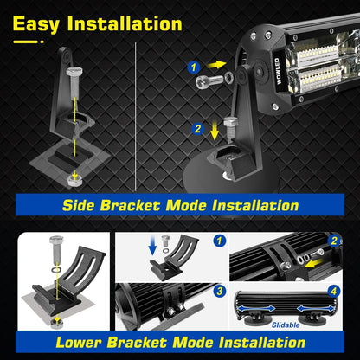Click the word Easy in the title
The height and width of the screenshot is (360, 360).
36,24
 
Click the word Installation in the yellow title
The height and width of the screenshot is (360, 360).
125,23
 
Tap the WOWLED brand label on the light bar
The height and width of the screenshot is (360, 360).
278,71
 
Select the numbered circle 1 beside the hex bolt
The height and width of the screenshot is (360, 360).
194,67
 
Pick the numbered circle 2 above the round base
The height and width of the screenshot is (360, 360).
198,128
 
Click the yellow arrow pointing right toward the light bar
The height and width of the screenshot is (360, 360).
216,65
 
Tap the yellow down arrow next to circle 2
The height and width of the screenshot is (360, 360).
215,131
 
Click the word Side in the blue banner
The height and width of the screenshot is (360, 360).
79,205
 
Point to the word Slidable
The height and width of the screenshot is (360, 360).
286,325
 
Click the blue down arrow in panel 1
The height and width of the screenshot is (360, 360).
152,246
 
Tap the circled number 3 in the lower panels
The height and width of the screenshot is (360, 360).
220,291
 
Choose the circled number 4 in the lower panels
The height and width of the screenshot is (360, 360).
333,291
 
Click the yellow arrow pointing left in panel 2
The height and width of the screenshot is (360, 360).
314,263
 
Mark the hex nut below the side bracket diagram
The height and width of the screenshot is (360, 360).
74,180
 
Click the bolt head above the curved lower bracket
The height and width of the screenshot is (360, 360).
56,240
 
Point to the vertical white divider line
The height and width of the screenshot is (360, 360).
135,117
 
